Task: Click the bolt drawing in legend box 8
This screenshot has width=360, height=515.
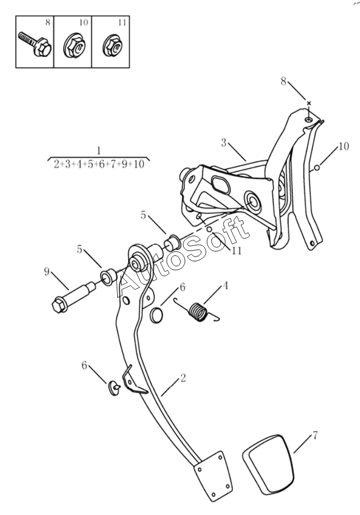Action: pyautogui.click(x=34, y=45)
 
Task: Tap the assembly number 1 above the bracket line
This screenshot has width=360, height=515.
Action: pyautogui.click(x=98, y=150)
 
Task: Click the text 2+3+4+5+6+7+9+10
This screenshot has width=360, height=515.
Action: pyautogui.click(x=99, y=164)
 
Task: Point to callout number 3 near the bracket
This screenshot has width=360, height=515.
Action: pyautogui.click(x=224, y=143)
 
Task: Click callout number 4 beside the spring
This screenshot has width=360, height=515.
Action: pyautogui.click(x=225, y=286)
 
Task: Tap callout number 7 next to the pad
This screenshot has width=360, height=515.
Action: pyautogui.click(x=315, y=436)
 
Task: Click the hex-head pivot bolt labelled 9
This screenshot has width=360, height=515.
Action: pyautogui.click(x=73, y=294)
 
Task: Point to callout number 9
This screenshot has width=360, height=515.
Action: pyautogui.click(x=47, y=271)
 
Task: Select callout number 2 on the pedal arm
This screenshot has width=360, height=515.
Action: pyautogui.click(x=183, y=378)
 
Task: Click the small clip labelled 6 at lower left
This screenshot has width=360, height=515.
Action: pyautogui.click(x=115, y=388)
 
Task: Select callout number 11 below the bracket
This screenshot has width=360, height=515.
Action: pyautogui.click(x=237, y=250)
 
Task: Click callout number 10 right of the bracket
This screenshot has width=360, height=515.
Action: pyautogui.click(x=343, y=146)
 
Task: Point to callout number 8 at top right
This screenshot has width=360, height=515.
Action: pyautogui.click(x=283, y=81)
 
